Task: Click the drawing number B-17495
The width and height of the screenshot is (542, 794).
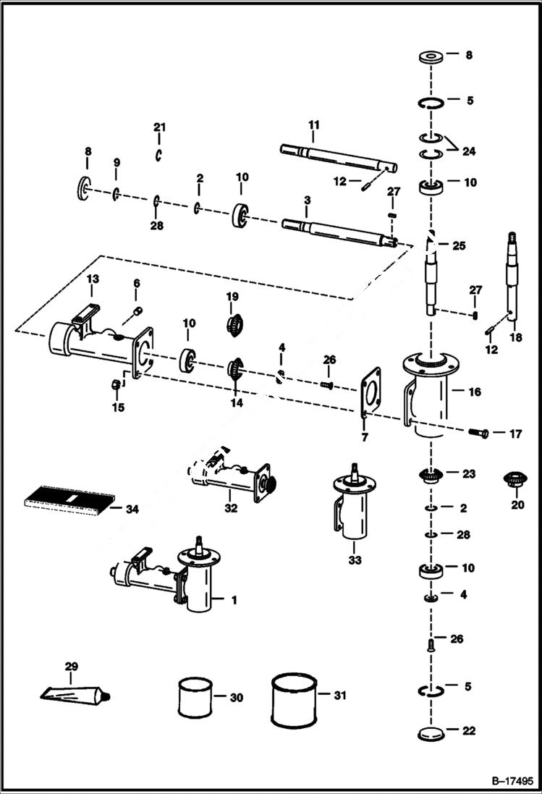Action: click(x=512, y=782)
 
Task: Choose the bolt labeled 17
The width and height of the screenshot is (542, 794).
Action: click(x=480, y=433)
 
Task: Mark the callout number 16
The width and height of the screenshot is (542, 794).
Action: click(x=475, y=392)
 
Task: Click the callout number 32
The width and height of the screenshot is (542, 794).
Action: click(x=231, y=508)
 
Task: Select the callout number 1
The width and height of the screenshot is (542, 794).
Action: click(x=234, y=600)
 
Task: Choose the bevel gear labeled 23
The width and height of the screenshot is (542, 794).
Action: click(x=431, y=477)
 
